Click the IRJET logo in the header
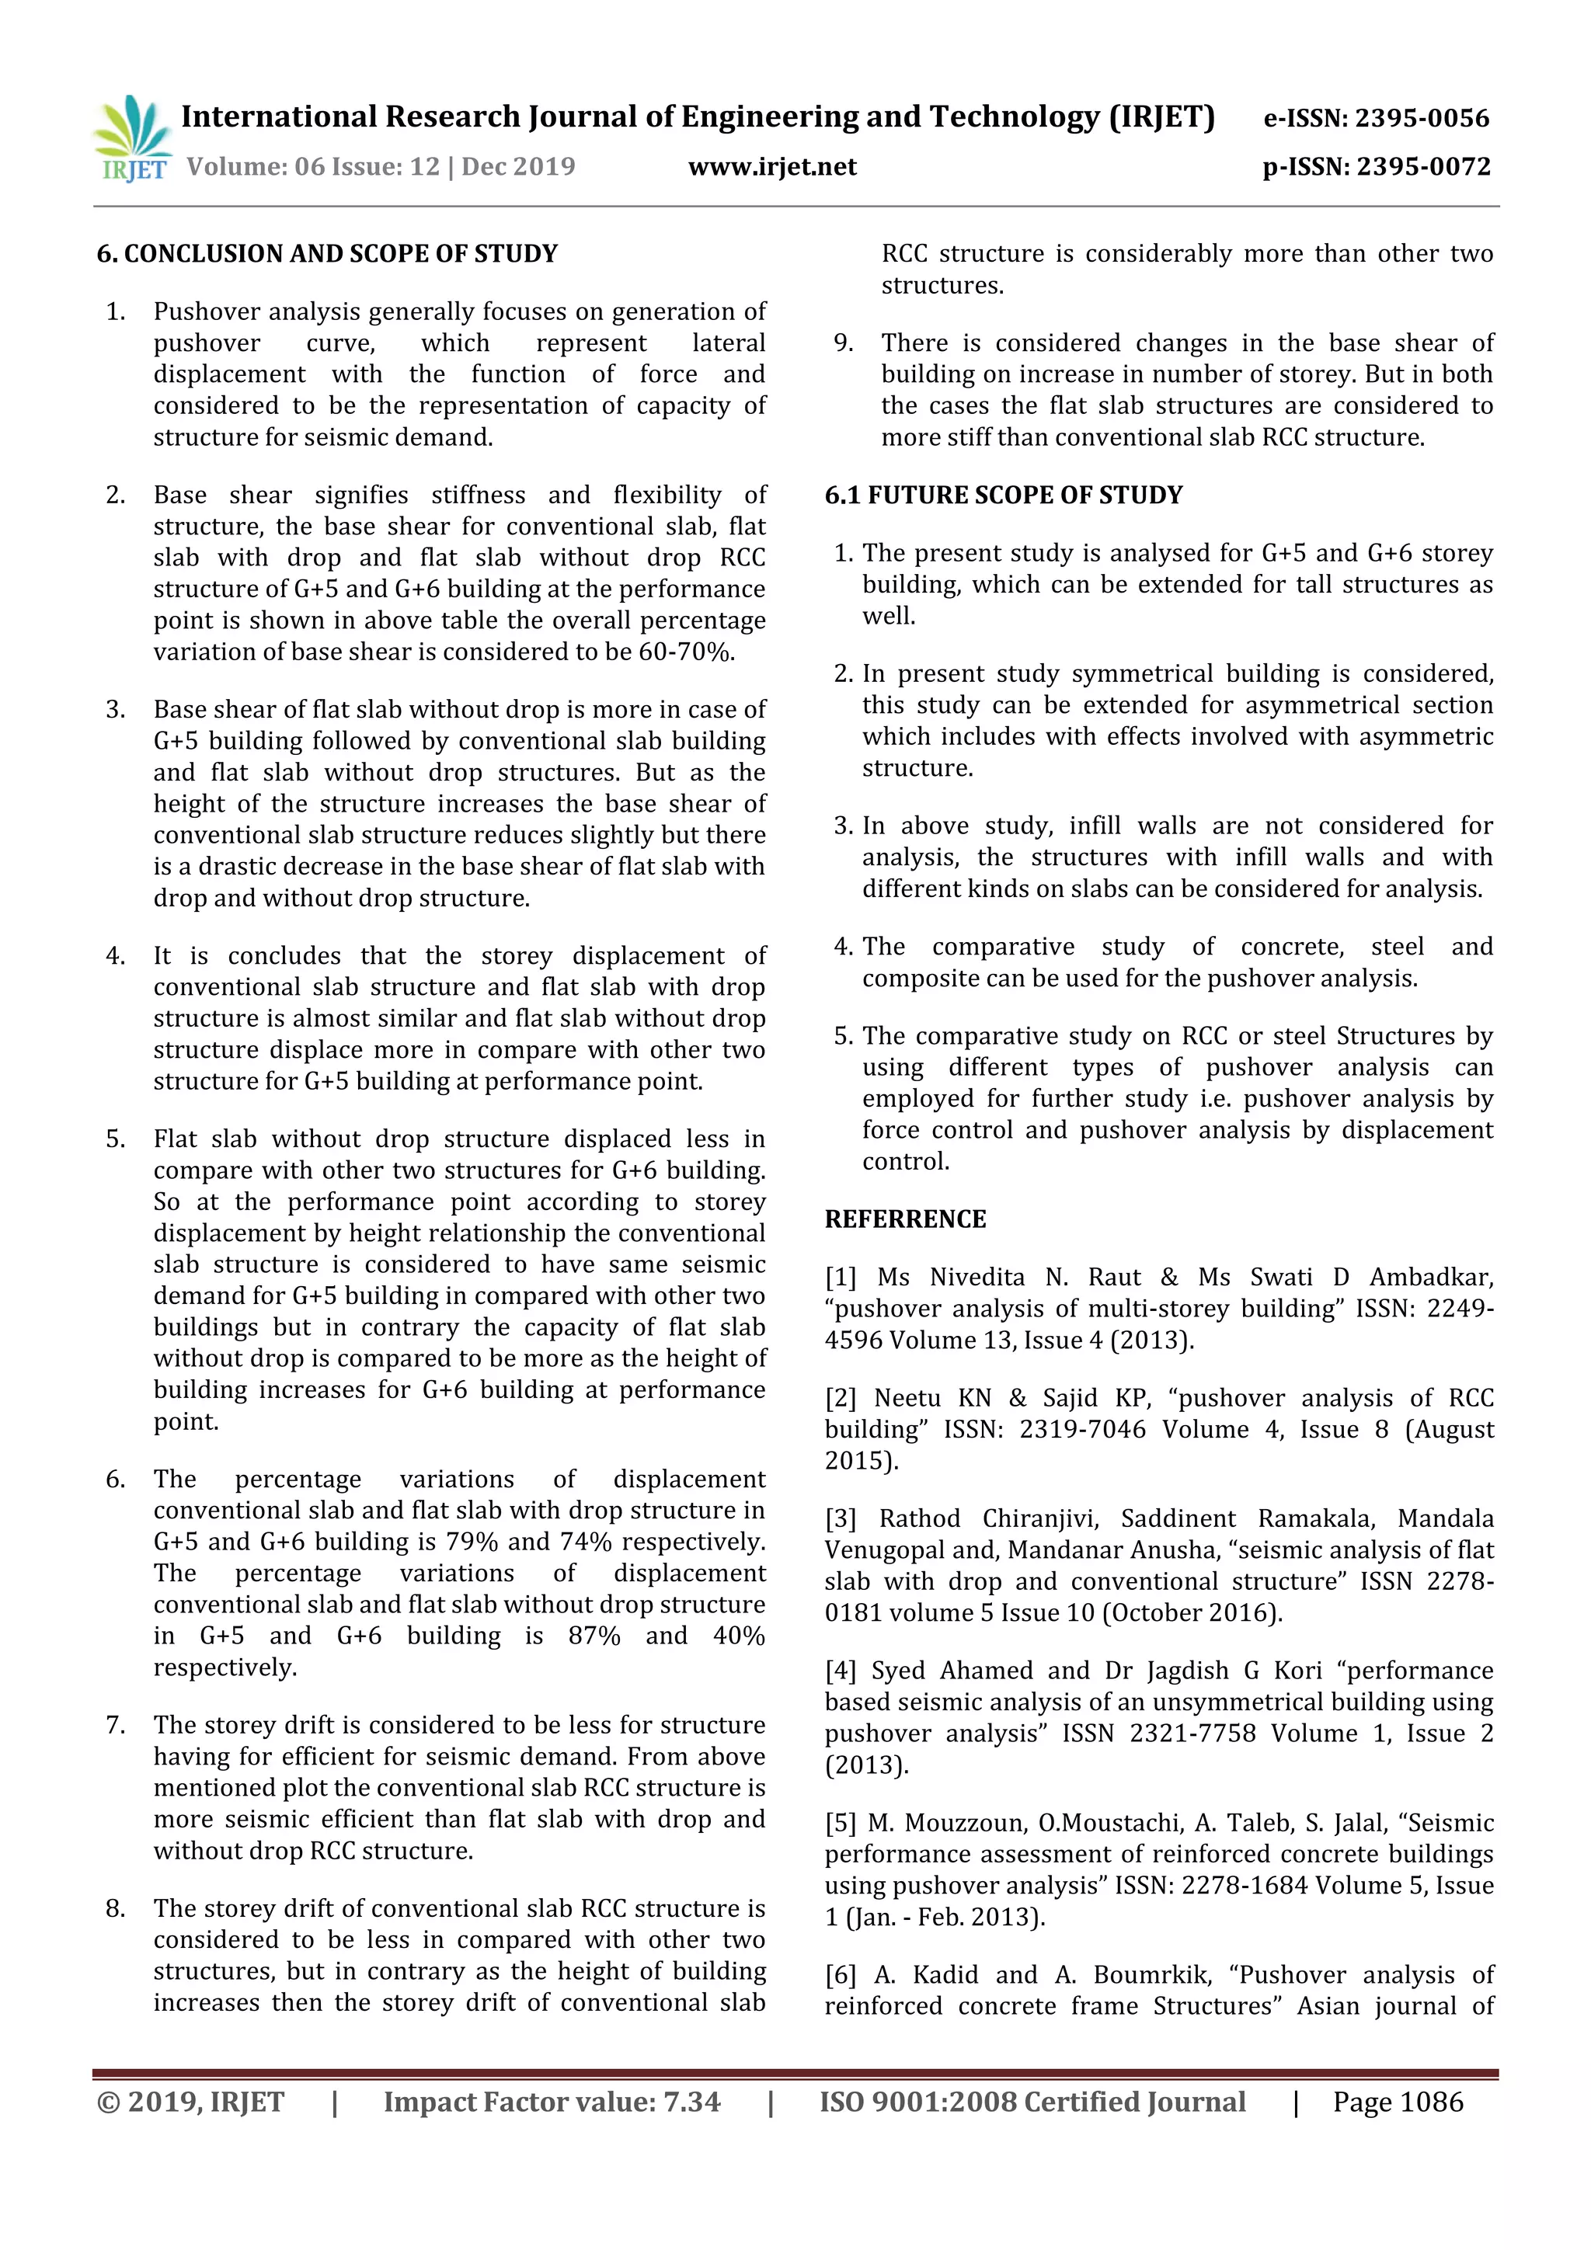tap(132, 138)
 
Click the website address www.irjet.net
tap(772, 166)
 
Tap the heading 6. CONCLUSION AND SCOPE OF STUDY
tap(326, 254)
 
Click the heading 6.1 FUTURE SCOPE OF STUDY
tap(1004, 495)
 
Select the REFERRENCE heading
tap(905, 1219)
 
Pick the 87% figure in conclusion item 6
tap(594, 1636)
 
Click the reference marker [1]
tap(840, 1277)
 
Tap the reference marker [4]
tap(840, 1670)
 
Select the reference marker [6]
tap(840, 1974)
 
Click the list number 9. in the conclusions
tap(843, 343)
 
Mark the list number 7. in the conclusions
tap(116, 1725)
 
